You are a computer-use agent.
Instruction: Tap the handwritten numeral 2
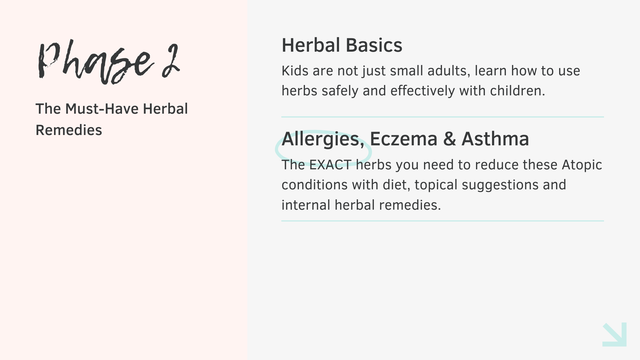[171, 61]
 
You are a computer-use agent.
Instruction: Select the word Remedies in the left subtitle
[69, 130]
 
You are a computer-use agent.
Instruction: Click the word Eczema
[403, 139]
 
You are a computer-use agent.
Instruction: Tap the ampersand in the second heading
[449, 139]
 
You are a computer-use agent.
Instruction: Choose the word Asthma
[495, 139]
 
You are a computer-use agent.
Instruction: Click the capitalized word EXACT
[330, 165]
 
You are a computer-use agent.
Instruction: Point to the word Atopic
[582, 165]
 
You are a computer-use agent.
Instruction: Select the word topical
[436, 185]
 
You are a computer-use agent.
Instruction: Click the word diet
[396, 185]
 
